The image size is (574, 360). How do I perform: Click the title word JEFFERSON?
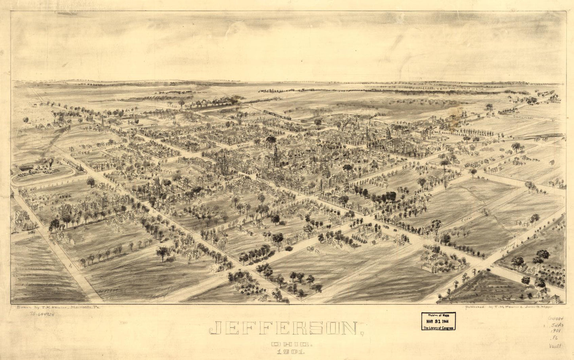tap(284, 328)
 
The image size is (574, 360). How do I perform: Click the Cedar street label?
tap(465, 219)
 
